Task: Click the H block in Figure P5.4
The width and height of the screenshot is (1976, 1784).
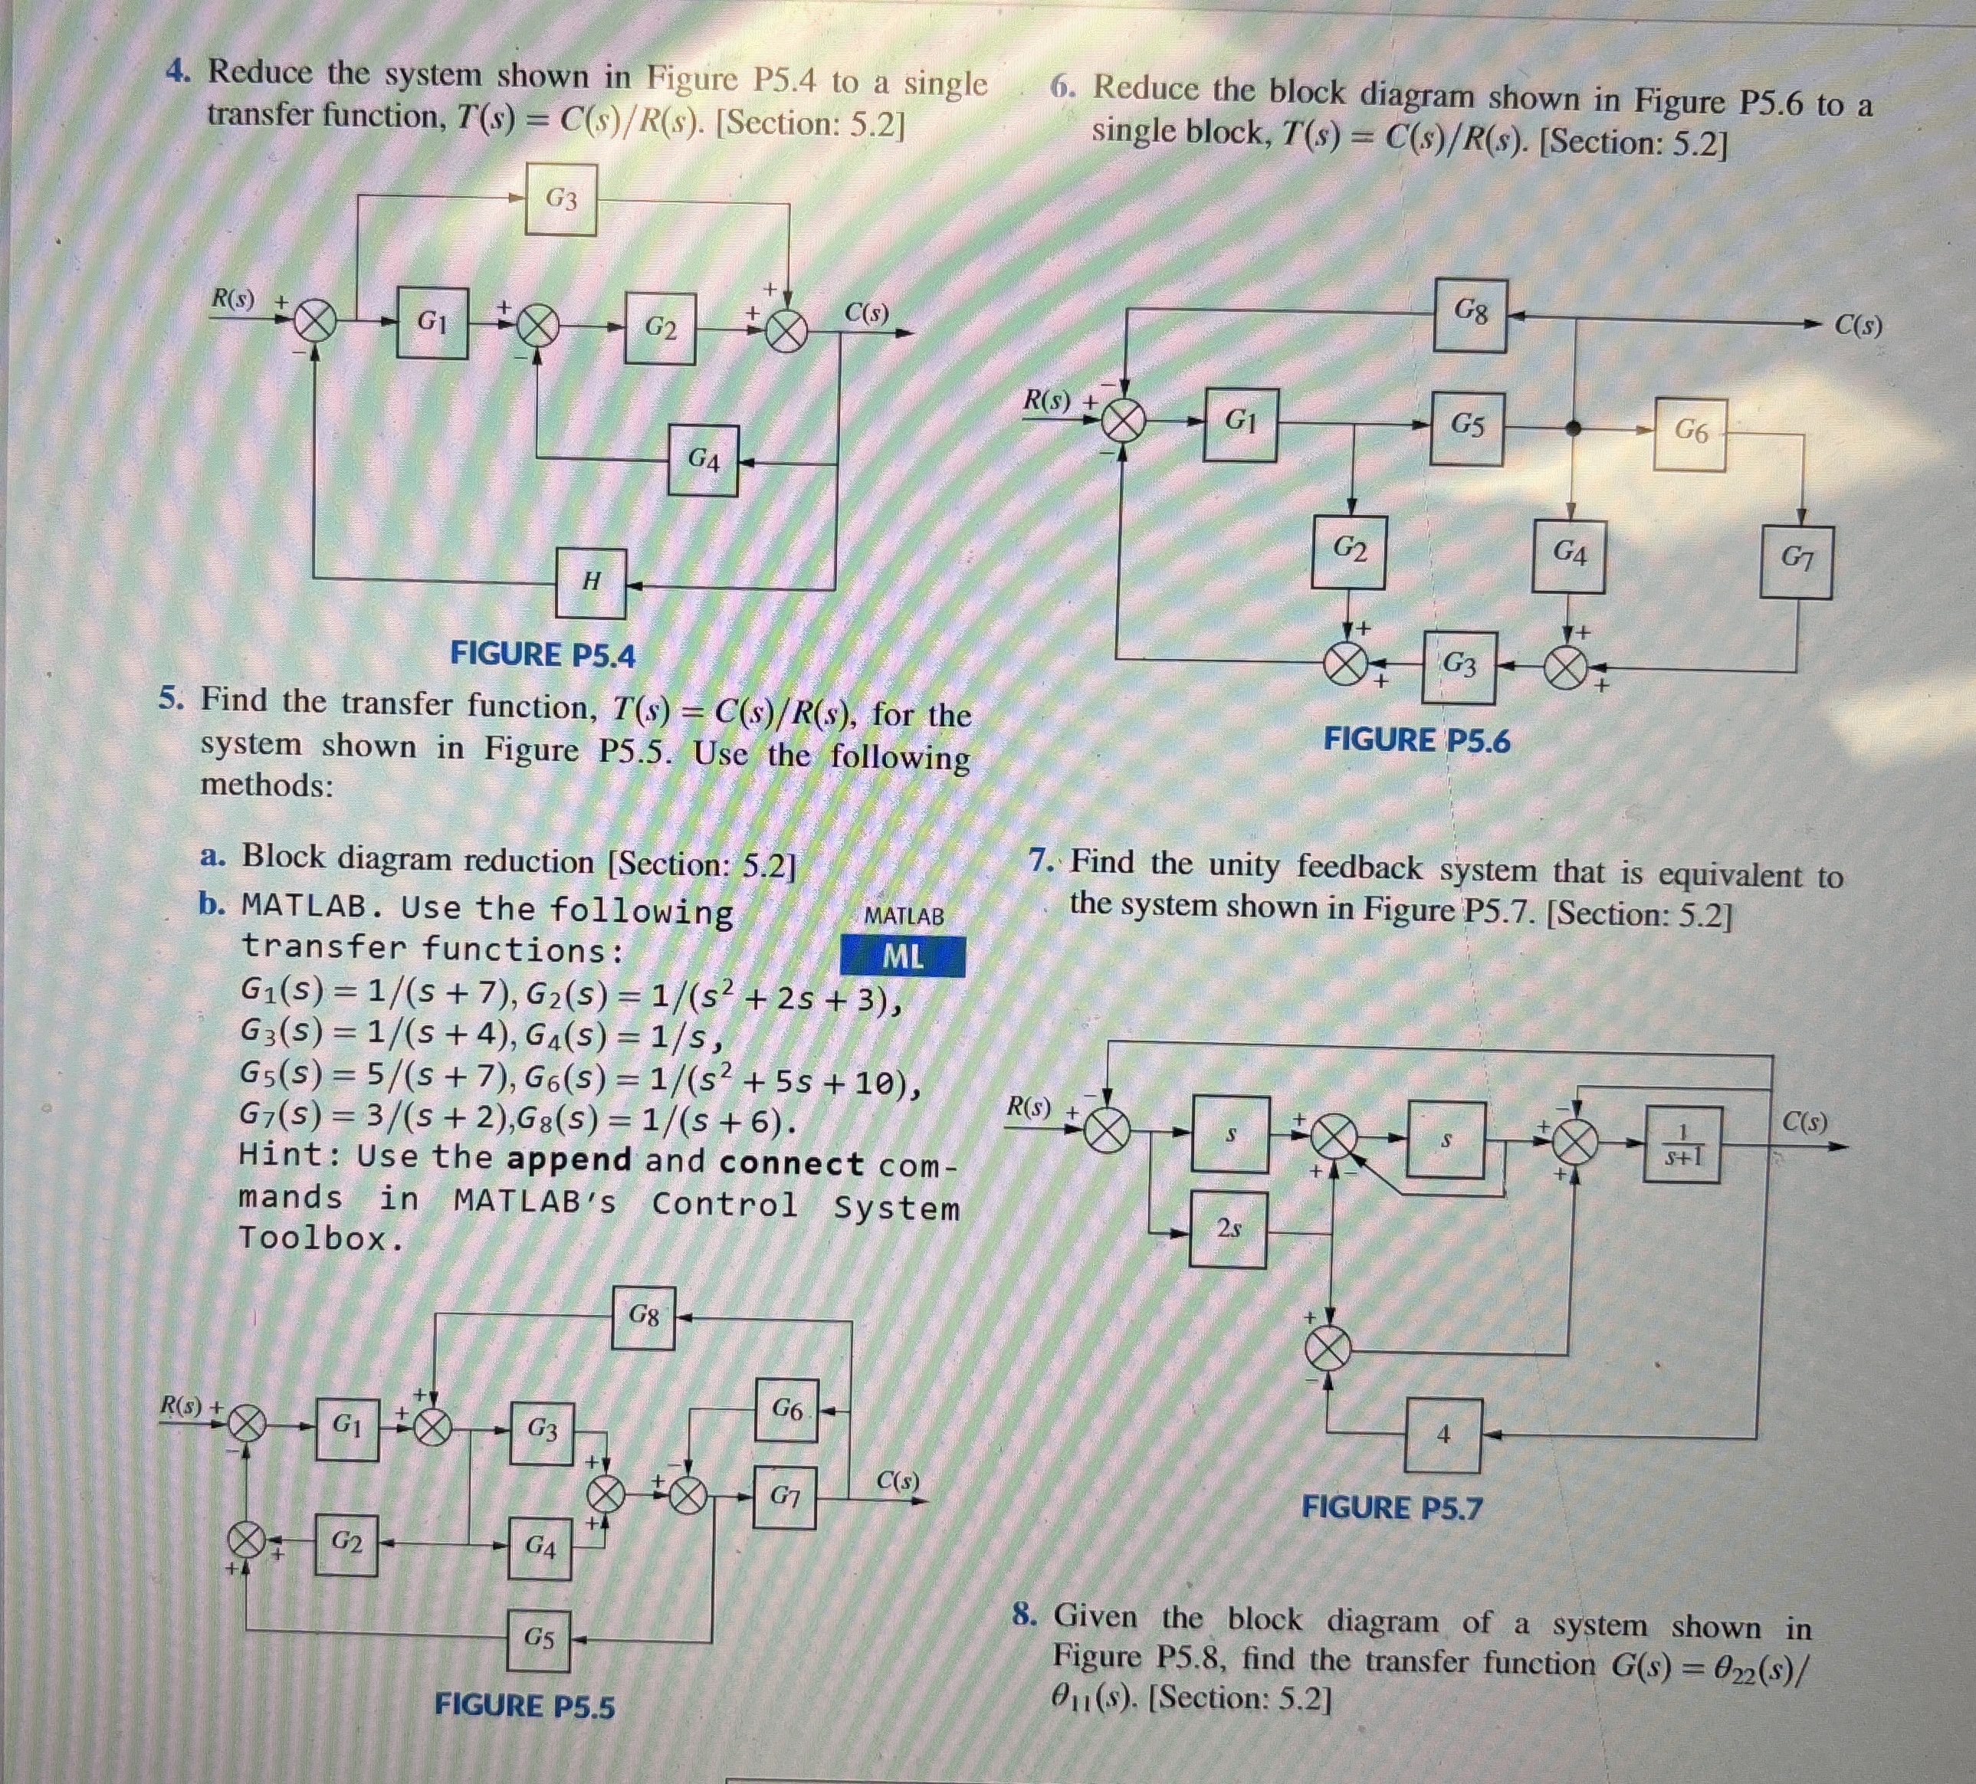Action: coord(591,582)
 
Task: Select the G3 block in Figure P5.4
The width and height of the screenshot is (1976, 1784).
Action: coord(560,200)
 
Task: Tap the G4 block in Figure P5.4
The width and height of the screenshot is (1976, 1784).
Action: coord(704,460)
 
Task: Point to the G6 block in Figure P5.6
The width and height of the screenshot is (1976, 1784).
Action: coord(1691,432)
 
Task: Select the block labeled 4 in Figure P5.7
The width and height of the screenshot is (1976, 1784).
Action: coord(1443,1436)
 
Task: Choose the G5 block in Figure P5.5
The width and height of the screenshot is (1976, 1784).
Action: coord(539,1639)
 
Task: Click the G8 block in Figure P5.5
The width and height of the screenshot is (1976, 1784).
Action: coord(644,1317)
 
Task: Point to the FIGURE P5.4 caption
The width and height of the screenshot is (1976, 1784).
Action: coord(542,654)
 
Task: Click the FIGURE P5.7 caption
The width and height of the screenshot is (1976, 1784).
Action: coord(1392,1507)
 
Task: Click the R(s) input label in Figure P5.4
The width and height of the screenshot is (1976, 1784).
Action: coord(233,299)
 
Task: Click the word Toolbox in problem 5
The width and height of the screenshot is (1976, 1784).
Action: coord(320,1239)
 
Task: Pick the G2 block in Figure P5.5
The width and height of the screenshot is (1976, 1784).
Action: coord(346,1543)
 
